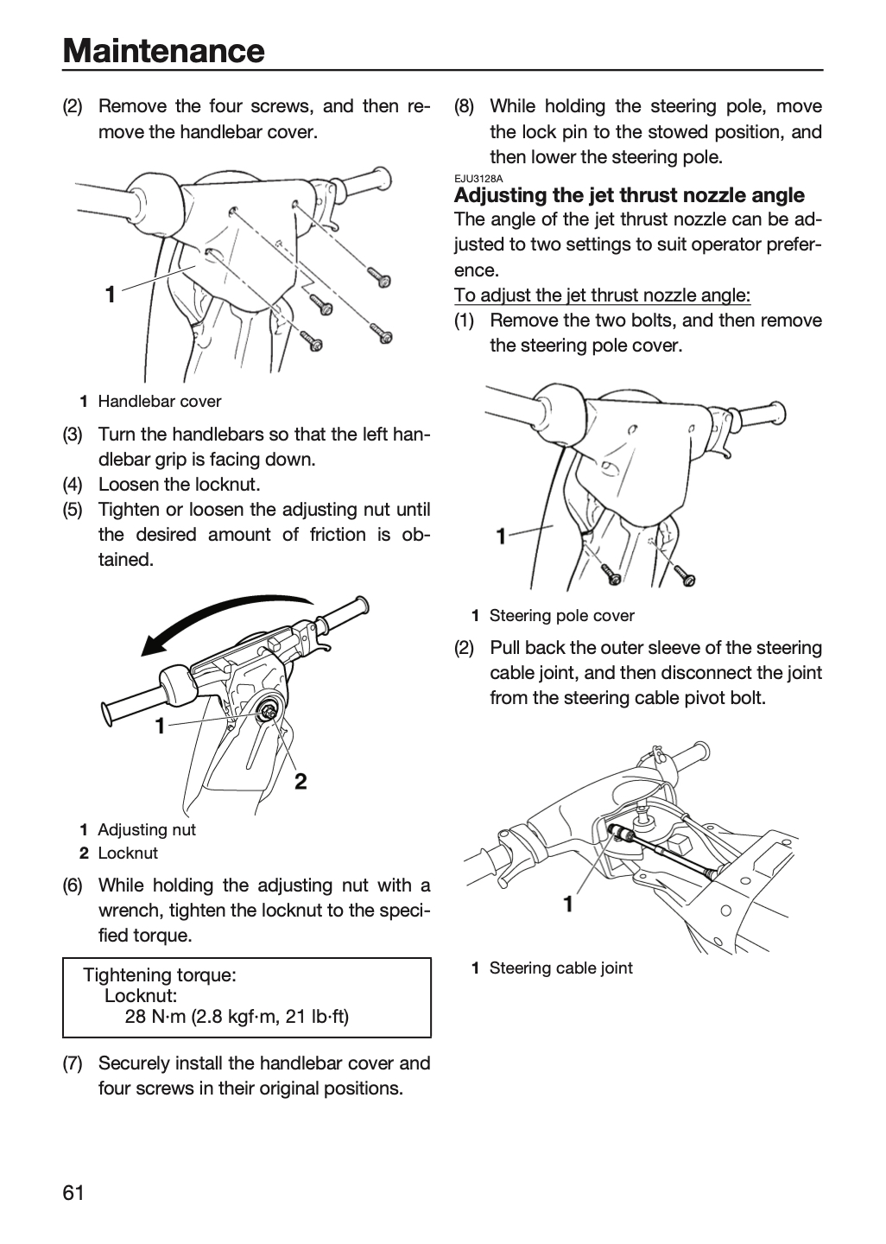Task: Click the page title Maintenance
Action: click(x=164, y=51)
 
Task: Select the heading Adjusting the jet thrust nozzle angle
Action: click(x=630, y=195)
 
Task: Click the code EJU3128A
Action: click(x=478, y=178)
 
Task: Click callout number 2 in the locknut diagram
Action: click(x=301, y=781)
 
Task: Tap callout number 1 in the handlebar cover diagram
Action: click(x=111, y=295)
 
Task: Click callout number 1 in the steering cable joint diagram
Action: click(x=568, y=904)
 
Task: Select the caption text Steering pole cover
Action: click(x=562, y=616)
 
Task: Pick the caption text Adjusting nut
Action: click(x=147, y=829)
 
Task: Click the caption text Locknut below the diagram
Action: click(x=128, y=853)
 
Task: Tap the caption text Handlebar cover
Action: click(x=160, y=402)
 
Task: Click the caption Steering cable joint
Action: click(x=561, y=968)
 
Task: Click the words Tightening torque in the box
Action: click(x=160, y=975)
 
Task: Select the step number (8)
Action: click(x=464, y=106)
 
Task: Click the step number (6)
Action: click(x=73, y=885)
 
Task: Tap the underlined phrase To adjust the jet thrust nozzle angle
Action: click(x=603, y=295)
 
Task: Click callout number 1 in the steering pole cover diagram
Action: click(x=501, y=536)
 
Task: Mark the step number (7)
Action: click(x=73, y=1063)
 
